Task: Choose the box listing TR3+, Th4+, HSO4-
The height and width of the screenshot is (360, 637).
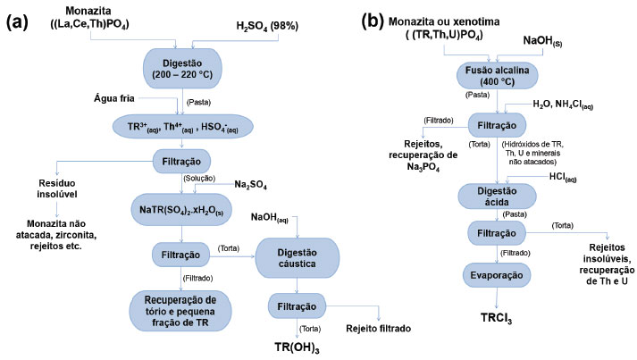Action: click(183, 125)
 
